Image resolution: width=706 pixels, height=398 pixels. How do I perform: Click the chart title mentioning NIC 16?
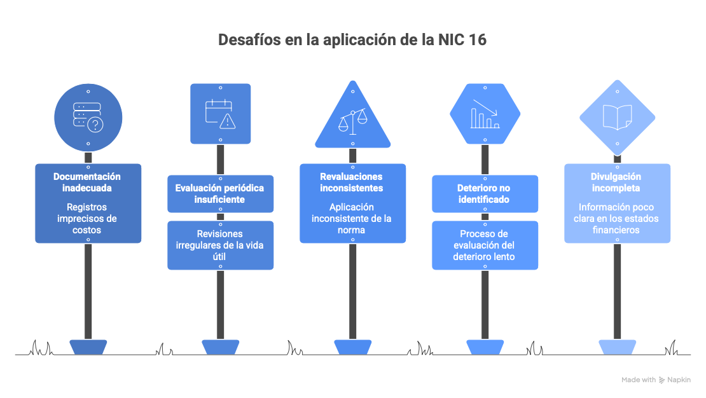click(x=352, y=39)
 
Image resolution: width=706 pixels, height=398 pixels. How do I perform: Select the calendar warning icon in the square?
click(x=221, y=114)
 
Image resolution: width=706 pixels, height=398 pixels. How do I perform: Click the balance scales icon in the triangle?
click(x=352, y=121)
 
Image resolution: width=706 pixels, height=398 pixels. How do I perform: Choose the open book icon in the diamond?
click(x=618, y=117)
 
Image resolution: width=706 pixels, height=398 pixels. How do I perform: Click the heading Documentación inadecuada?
click(x=87, y=182)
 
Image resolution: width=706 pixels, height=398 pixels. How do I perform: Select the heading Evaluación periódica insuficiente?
click(x=219, y=194)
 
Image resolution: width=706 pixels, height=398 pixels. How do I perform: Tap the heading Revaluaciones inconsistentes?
click(x=352, y=182)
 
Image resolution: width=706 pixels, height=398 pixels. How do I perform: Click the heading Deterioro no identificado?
click(x=484, y=194)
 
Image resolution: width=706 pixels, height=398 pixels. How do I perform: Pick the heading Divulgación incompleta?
click(x=616, y=182)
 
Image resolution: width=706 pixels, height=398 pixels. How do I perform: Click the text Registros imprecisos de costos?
click(x=87, y=218)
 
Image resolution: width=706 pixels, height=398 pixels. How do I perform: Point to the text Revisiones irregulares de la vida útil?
click(x=219, y=245)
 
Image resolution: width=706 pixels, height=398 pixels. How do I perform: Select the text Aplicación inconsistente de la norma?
click(x=352, y=218)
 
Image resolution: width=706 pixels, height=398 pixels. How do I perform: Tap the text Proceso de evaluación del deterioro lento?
click(x=484, y=245)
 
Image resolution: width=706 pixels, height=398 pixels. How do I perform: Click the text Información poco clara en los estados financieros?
click(x=616, y=218)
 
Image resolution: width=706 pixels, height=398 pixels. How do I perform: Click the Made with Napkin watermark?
click(x=656, y=380)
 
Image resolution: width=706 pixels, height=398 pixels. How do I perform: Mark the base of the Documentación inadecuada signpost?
click(x=88, y=347)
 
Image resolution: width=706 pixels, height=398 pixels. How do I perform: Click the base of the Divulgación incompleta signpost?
click(x=618, y=347)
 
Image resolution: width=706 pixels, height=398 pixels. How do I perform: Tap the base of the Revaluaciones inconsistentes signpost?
click(x=352, y=347)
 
